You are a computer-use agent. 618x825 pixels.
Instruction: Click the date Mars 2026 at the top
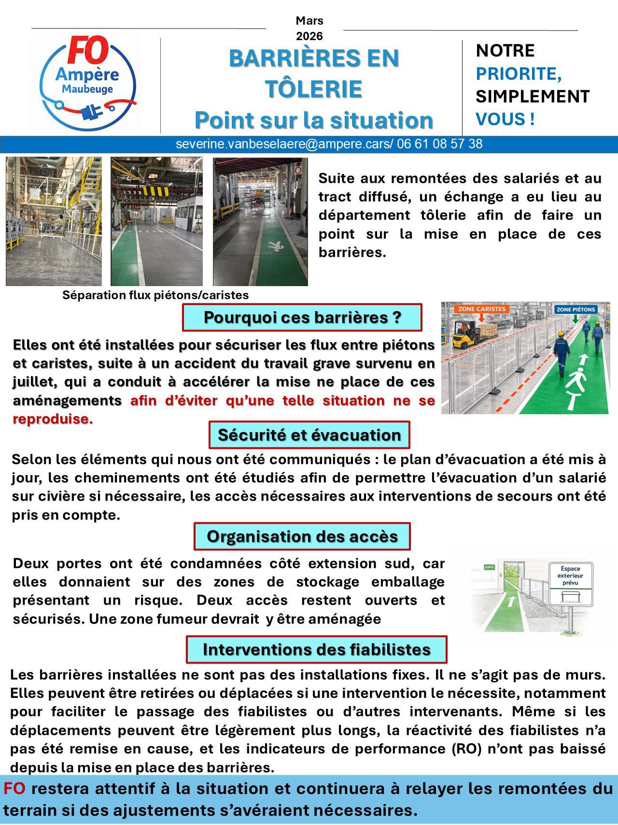click(x=309, y=28)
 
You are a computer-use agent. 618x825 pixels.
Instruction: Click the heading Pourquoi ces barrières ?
click(x=302, y=318)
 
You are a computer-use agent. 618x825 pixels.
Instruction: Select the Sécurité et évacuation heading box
click(x=309, y=434)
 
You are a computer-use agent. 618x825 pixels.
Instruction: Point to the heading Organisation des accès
click(x=302, y=536)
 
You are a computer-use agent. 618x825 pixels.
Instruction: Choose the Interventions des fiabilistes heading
click(x=316, y=649)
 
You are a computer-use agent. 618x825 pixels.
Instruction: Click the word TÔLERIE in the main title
click(x=314, y=89)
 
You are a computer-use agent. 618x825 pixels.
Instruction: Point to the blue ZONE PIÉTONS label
click(x=576, y=309)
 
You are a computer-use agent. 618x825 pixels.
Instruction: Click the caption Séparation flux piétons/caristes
click(x=155, y=295)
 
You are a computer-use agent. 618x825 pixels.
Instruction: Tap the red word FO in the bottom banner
click(x=14, y=788)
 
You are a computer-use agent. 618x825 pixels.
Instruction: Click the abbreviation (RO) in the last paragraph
click(x=465, y=749)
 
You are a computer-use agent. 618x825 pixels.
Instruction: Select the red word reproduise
click(x=53, y=419)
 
